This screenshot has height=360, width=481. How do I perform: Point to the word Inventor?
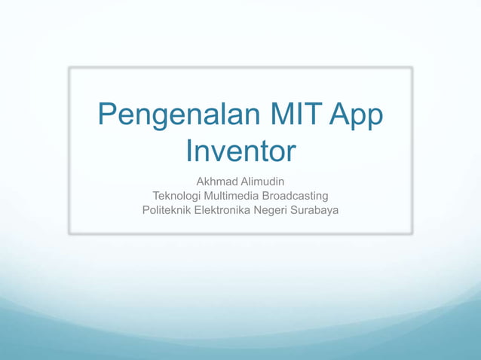[240, 151]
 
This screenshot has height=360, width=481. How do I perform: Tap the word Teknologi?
[178, 196]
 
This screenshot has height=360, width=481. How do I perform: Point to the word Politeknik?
[167, 209]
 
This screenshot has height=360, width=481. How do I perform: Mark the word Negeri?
[273, 209]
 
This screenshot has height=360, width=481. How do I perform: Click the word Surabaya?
[316, 209]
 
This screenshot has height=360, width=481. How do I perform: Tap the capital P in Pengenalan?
[108, 117]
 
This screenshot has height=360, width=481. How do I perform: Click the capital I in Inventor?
[189, 151]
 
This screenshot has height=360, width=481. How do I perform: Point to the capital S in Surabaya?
[297, 209]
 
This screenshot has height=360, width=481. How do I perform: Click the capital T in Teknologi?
[156, 196]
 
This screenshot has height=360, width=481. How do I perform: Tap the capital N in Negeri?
[259, 209]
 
